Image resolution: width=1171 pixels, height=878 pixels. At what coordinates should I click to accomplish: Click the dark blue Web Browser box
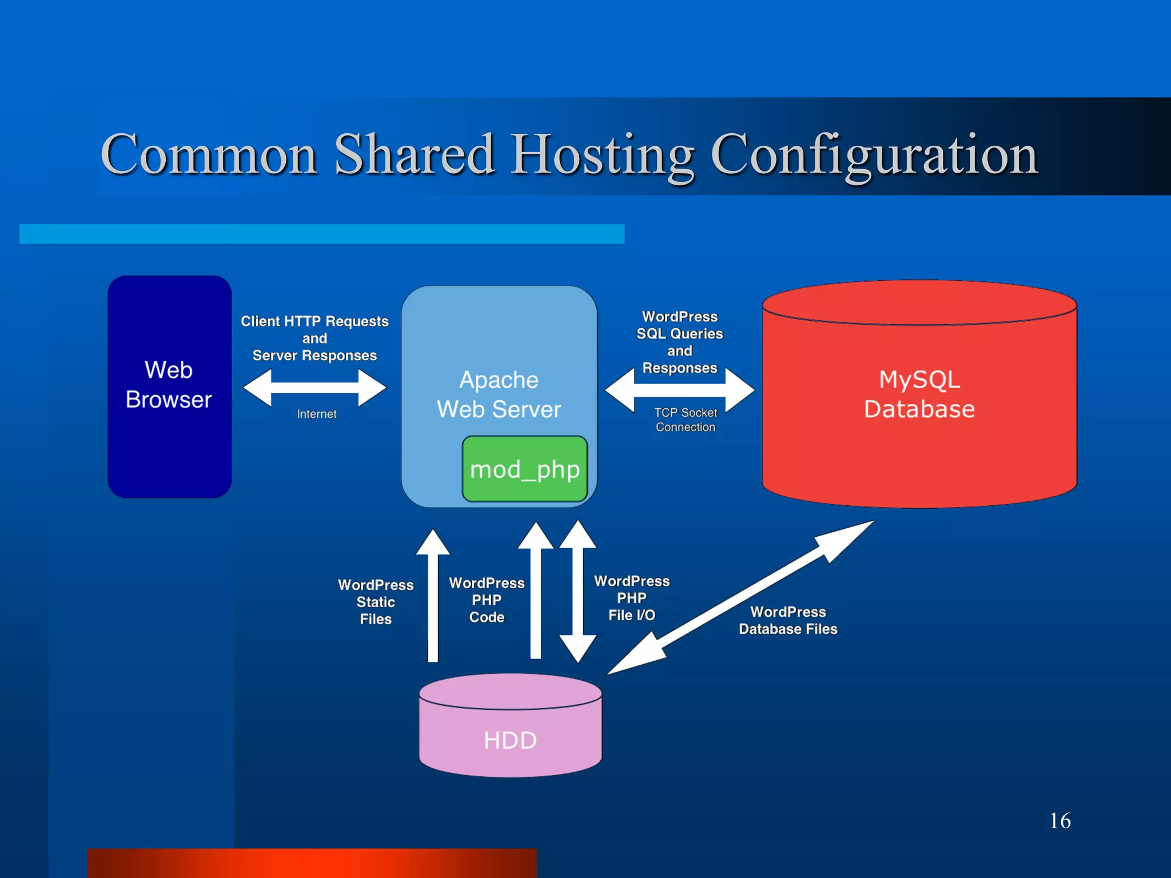point(169,386)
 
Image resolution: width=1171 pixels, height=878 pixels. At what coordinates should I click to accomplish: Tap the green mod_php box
point(524,469)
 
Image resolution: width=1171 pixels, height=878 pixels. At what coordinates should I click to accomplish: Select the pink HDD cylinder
point(510,732)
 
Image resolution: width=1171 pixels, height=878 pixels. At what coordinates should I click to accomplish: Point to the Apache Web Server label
point(499,394)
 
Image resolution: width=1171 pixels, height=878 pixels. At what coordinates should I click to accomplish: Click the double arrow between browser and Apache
point(314,388)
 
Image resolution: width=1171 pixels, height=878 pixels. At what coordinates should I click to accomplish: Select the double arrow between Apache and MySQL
point(679,390)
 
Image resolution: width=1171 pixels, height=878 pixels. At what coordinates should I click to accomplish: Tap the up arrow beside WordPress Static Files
point(433,594)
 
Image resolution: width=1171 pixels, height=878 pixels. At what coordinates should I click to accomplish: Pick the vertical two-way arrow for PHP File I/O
point(578,592)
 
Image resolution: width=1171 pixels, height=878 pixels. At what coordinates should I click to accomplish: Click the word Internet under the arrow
point(316,414)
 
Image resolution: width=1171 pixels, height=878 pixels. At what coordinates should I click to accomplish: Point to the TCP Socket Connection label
point(685,420)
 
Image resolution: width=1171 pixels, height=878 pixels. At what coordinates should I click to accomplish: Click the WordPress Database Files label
point(788,620)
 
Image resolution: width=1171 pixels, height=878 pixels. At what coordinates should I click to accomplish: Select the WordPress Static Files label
point(376,602)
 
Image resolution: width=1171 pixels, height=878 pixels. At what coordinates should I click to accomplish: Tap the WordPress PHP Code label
point(487,600)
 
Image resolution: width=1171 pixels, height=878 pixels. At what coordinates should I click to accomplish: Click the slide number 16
point(1060,821)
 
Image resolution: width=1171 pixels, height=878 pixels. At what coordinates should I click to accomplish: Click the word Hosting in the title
point(603,154)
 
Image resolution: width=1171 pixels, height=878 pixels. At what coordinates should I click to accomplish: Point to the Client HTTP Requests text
point(314,321)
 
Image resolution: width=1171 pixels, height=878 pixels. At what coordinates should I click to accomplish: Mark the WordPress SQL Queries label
point(679,325)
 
